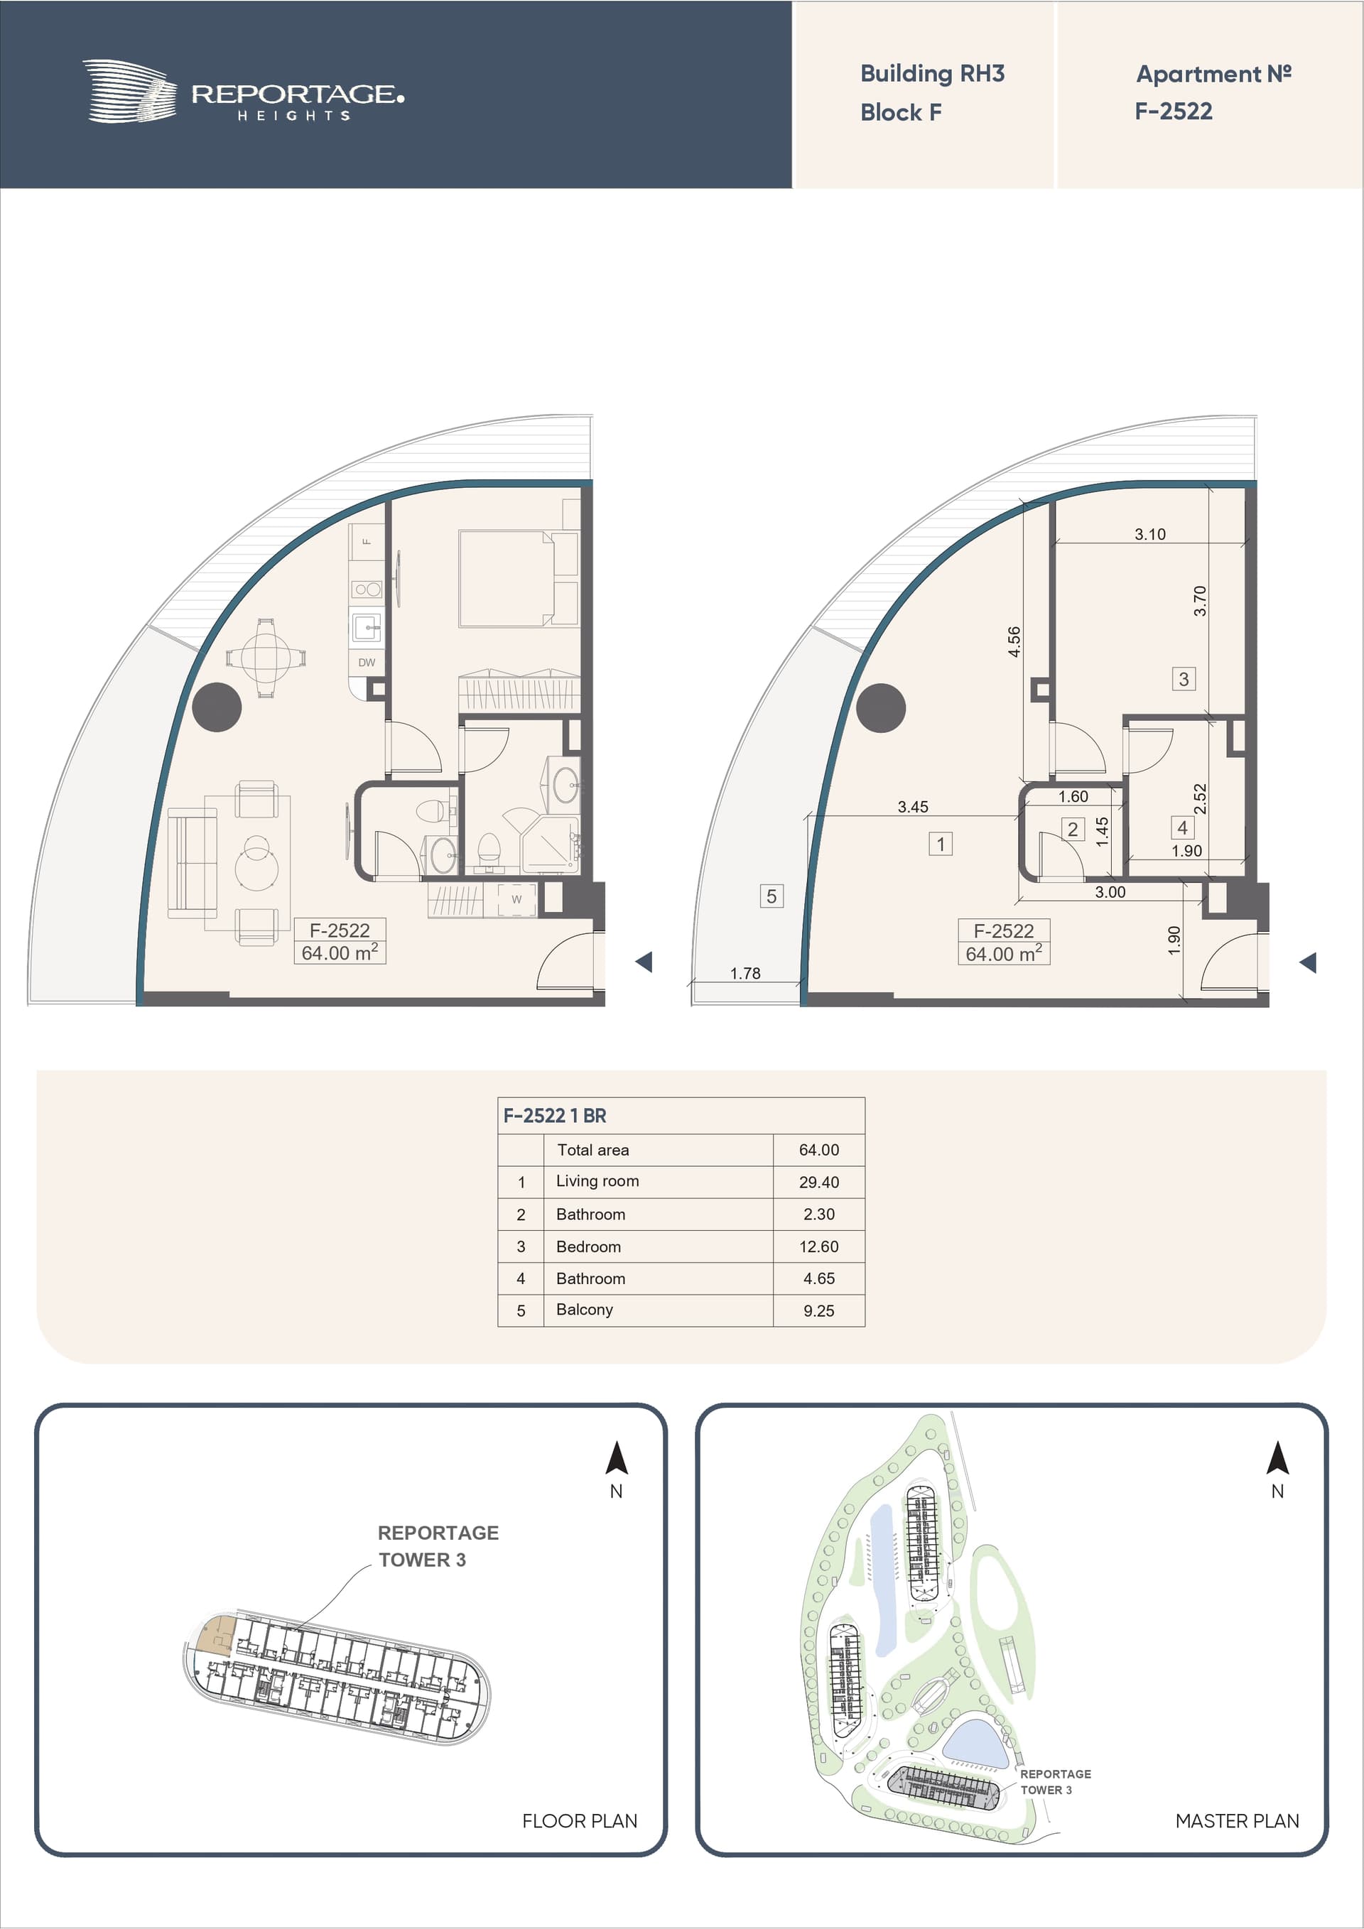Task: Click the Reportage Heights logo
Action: tap(243, 92)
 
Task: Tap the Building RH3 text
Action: tap(932, 74)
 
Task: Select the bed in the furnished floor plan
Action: tap(519, 578)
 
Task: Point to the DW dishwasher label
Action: tap(367, 662)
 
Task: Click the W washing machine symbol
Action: tap(516, 899)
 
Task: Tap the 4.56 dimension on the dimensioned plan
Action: tap(1014, 641)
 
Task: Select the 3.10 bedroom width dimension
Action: tap(1149, 534)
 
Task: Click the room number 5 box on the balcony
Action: tap(772, 896)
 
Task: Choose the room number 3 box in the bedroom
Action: tap(1184, 679)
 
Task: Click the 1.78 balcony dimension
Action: tap(745, 973)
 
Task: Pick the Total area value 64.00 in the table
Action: tap(818, 1150)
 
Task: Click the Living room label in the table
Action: tap(597, 1181)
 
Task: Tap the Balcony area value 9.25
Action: tap(818, 1310)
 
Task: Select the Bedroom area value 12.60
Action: tap(818, 1246)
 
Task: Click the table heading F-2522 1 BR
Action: tap(555, 1116)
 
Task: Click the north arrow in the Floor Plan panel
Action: tap(617, 1459)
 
